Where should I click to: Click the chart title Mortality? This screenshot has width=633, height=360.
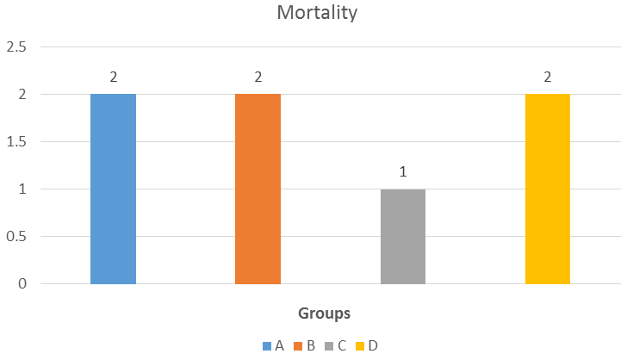pyautogui.click(x=317, y=13)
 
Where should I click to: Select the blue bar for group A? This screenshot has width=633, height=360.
pyautogui.click(x=113, y=189)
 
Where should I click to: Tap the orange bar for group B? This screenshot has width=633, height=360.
pyautogui.click(x=258, y=189)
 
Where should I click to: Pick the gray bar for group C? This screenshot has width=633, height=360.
pyautogui.click(x=403, y=237)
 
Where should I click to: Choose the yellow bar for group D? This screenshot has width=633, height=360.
pyautogui.click(x=548, y=189)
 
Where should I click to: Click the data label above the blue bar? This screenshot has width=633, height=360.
pyautogui.click(x=114, y=78)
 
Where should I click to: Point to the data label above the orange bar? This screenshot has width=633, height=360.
pyautogui.click(x=258, y=78)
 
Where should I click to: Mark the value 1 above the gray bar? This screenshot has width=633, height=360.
pyautogui.click(x=403, y=172)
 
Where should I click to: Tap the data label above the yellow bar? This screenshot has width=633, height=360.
pyautogui.click(x=548, y=78)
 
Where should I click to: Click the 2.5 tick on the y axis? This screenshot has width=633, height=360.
pyautogui.click(x=16, y=47)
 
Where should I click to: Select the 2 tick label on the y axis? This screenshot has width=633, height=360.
pyautogui.click(x=22, y=94)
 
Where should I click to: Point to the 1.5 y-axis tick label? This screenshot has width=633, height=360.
pyautogui.click(x=16, y=141)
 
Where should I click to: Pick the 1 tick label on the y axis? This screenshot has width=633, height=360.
pyautogui.click(x=22, y=189)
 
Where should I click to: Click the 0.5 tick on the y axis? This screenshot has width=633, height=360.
pyautogui.click(x=16, y=237)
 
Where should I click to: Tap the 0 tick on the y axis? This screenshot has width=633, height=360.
pyautogui.click(x=22, y=283)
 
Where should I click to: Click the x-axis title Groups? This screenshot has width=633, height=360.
pyautogui.click(x=324, y=313)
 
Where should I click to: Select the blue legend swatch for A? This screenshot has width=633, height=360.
pyautogui.click(x=267, y=346)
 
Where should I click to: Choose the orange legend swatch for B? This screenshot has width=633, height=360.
pyautogui.click(x=298, y=346)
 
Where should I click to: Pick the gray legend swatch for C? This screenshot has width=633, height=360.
pyautogui.click(x=329, y=346)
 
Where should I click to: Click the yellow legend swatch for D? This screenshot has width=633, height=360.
pyautogui.click(x=360, y=346)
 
